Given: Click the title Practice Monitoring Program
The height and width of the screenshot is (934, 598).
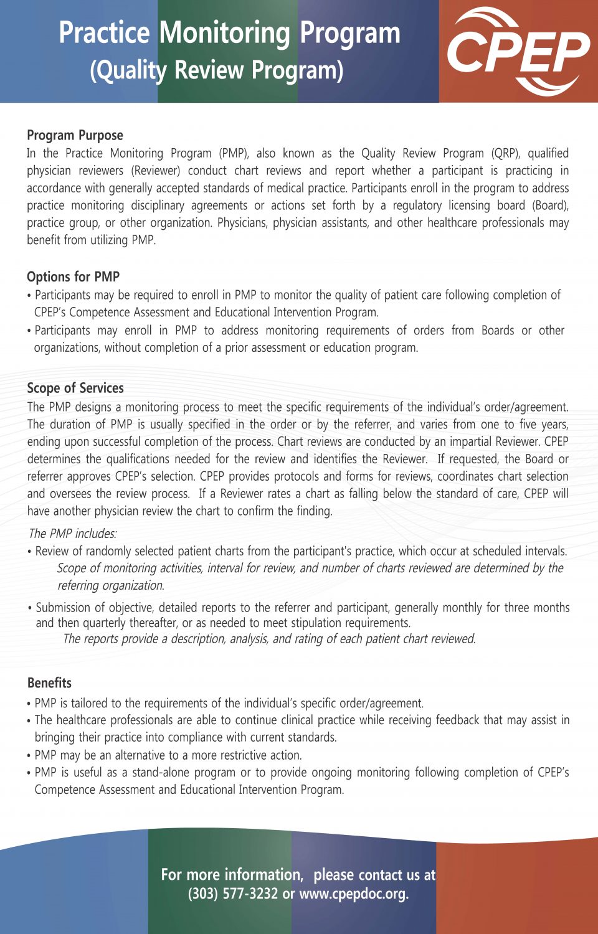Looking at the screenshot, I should pyautogui.click(x=229, y=33).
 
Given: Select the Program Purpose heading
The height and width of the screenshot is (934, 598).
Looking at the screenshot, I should pyautogui.click(x=75, y=135).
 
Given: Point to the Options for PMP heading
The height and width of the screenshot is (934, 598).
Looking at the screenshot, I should pyautogui.click(x=73, y=276).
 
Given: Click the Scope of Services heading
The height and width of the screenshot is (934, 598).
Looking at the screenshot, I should pyautogui.click(x=75, y=388).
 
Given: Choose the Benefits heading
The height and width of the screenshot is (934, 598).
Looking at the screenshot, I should pyautogui.click(x=49, y=682).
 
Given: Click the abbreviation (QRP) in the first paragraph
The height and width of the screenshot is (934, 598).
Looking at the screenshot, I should pyautogui.click(x=505, y=153).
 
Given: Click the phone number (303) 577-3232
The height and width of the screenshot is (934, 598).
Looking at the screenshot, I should pyautogui.click(x=233, y=894).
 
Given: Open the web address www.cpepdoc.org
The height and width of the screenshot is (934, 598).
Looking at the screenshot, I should pyautogui.click(x=353, y=894).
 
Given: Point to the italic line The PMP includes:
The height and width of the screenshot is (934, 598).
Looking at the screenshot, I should pyautogui.click(x=72, y=534).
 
